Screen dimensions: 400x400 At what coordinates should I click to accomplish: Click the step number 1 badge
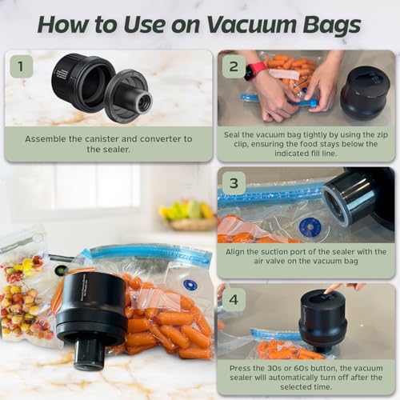click(21, 66)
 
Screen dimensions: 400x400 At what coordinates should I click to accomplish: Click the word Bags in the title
click(328, 24)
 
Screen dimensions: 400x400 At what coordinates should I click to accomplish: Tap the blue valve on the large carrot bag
click(190, 284)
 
